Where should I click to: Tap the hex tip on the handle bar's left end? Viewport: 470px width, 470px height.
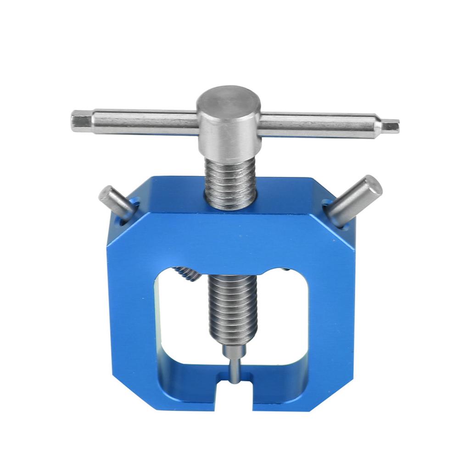click(x=79, y=121)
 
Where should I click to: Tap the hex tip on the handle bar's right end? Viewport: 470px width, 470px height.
click(x=391, y=125)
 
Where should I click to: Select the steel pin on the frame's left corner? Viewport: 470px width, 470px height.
click(x=115, y=201)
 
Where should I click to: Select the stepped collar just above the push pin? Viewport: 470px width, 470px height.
click(x=234, y=351)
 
